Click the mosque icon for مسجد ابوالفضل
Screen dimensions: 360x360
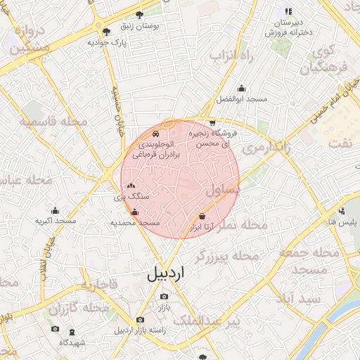(x=242, y=89)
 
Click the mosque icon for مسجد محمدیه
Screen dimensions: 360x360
(x=135, y=212)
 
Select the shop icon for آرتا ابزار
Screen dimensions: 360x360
(x=202, y=216)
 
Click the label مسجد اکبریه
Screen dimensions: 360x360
(x=56, y=220)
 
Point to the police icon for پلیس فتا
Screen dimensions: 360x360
(x=342, y=212)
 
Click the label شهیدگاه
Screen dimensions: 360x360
(x=72, y=342)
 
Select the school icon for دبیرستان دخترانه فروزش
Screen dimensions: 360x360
(x=288, y=11)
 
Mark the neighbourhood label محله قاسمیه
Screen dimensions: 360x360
(x=53, y=122)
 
